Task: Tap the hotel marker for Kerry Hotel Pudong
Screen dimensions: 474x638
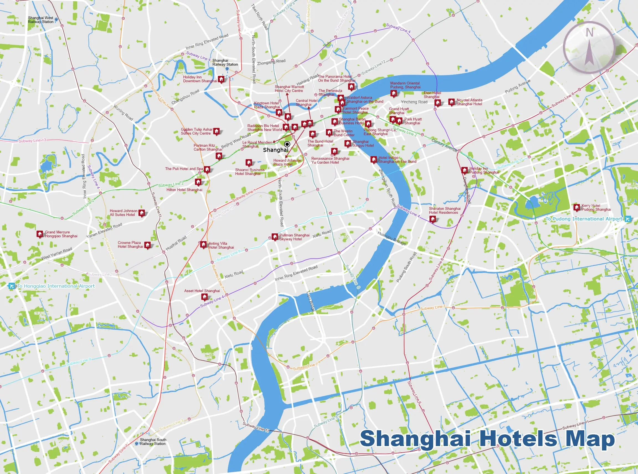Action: (x=577, y=207)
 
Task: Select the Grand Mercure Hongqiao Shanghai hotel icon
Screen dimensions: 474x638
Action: (x=40, y=234)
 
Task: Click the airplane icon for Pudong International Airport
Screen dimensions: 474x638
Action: (x=628, y=219)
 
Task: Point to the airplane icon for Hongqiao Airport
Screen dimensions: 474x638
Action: (x=11, y=286)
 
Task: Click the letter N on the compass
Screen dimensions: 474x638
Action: (x=589, y=33)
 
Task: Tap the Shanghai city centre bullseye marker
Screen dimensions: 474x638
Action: (x=287, y=144)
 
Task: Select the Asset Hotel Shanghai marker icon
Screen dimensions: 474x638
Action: (x=204, y=297)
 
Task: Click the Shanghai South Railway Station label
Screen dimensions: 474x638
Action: (x=153, y=442)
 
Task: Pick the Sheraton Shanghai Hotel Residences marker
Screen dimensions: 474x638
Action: (x=433, y=219)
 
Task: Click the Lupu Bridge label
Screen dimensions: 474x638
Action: (x=310, y=301)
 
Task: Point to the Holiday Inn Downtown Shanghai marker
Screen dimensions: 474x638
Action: (x=221, y=79)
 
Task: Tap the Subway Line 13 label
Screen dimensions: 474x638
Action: (x=32, y=141)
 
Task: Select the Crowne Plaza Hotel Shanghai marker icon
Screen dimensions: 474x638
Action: (x=148, y=245)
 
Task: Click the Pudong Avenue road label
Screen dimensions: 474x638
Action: (x=518, y=86)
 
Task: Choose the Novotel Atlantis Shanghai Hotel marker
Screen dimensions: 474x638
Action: (x=451, y=102)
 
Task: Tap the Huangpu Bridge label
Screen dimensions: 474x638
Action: (x=392, y=238)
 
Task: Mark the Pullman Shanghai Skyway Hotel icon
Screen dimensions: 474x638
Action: (x=275, y=237)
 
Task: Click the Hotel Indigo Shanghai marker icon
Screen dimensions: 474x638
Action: (x=373, y=159)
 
